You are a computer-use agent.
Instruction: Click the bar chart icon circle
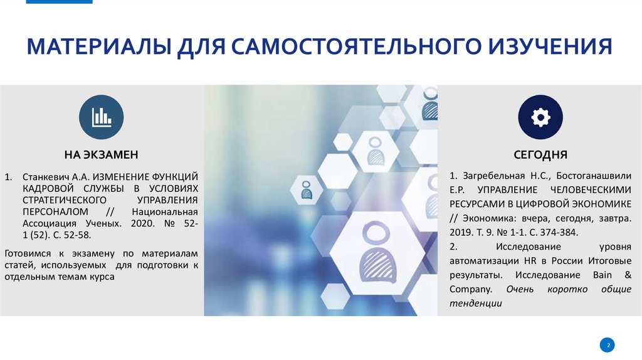pos(102,117)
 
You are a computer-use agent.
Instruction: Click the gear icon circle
pos(540,117)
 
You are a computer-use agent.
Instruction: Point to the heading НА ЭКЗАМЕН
pos(101,154)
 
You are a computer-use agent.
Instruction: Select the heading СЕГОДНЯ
pos(540,154)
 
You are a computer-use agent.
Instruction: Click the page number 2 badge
pos(607,345)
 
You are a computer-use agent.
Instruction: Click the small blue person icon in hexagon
pos(307,189)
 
